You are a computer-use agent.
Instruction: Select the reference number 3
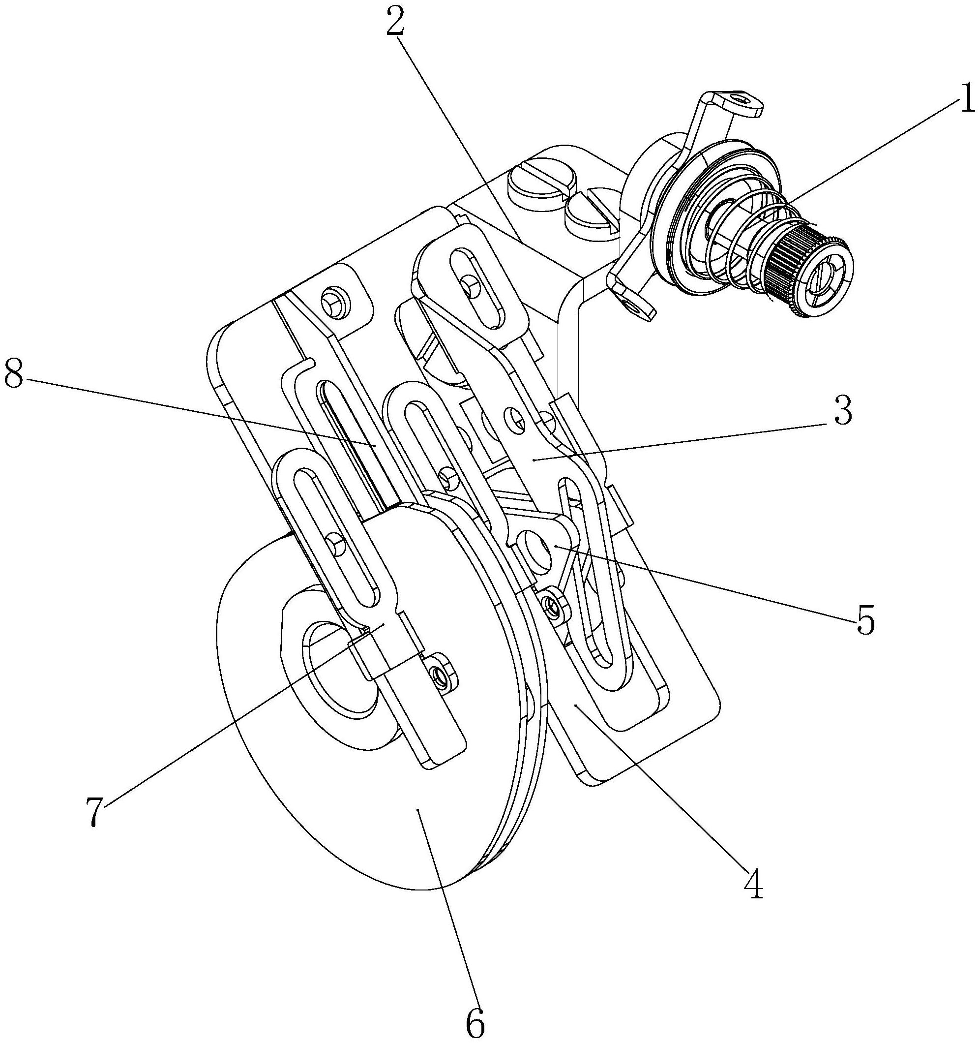click(x=841, y=412)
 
